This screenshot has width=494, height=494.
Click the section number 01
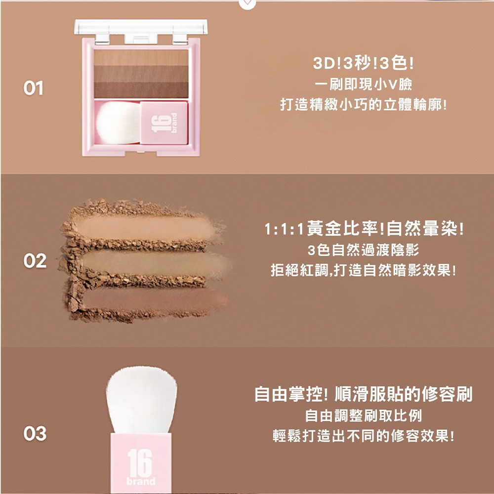click(x=33, y=88)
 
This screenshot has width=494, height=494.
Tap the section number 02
click(x=35, y=261)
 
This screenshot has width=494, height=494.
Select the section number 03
click(x=35, y=434)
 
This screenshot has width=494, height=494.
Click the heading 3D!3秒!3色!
click(x=363, y=64)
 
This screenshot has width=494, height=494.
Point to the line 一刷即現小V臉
click(x=363, y=84)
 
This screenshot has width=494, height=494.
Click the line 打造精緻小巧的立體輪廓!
click(x=363, y=105)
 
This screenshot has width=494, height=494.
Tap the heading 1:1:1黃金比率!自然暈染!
click(x=364, y=229)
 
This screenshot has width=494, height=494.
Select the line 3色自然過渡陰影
click(x=363, y=250)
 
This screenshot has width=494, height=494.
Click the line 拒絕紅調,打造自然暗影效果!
click(x=363, y=270)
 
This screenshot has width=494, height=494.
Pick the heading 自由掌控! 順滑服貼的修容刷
click(x=363, y=394)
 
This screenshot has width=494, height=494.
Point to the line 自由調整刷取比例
click(x=363, y=415)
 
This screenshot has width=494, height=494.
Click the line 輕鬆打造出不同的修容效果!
click(x=363, y=436)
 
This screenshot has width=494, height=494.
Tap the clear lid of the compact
click(x=141, y=27)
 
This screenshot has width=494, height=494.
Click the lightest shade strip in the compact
click(x=141, y=58)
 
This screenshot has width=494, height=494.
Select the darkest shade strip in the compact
click(x=141, y=90)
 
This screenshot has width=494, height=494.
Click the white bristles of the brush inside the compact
click(x=118, y=123)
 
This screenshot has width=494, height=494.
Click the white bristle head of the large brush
click(x=141, y=400)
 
